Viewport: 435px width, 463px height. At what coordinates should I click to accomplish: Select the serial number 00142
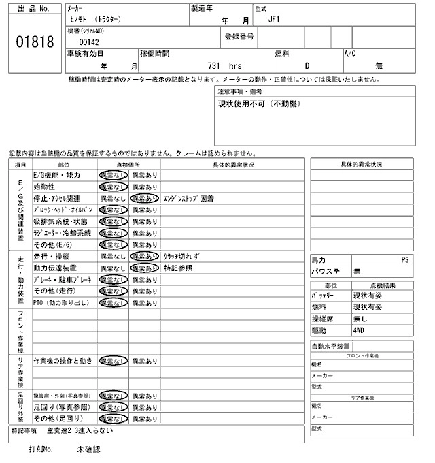coord(89,42)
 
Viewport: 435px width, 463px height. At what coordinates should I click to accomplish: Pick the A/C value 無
coord(379,66)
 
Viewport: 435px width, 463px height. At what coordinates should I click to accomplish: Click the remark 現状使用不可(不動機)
coord(259,103)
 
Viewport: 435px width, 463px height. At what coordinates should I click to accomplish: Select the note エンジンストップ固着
coord(189,198)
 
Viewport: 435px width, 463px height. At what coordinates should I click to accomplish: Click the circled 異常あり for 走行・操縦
coord(144,257)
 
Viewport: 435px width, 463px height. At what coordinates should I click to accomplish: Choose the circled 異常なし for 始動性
coord(112,187)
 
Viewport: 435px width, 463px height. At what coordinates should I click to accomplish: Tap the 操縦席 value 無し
coord(360,319)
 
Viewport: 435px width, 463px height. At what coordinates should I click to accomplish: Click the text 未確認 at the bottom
coord(88,449)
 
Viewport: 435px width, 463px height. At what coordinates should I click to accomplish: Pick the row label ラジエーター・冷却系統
coord(62,233)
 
